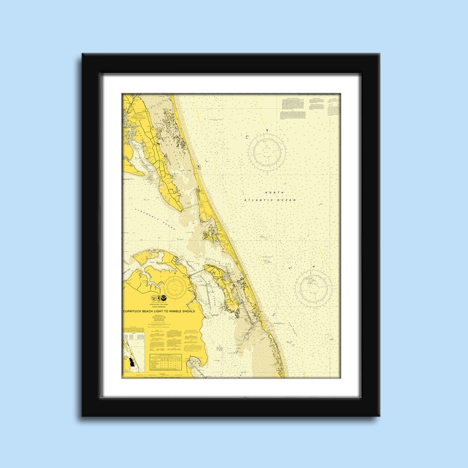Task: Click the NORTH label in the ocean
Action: [x=274, y=193]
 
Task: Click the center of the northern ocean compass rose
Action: [x=267, y=151]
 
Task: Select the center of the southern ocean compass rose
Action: [x=314, y=286]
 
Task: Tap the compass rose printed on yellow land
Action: [x=174, y=286]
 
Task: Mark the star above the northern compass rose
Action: [x=267, y=129]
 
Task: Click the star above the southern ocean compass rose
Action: [x=314, y=266]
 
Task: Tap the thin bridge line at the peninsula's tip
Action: [x=189, y=206]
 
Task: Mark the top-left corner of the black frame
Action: [x=83, y=54]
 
